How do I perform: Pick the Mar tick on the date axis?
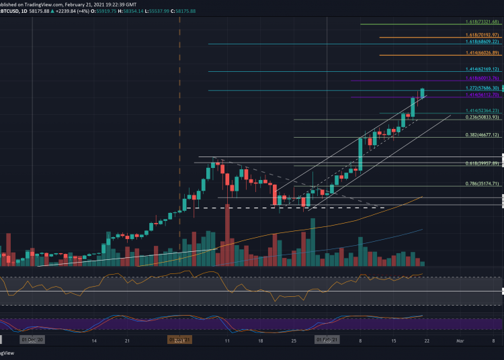tap(460, 341)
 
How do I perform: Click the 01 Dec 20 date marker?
tap(32, 341)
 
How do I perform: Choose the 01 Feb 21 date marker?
tap(327, 341)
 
